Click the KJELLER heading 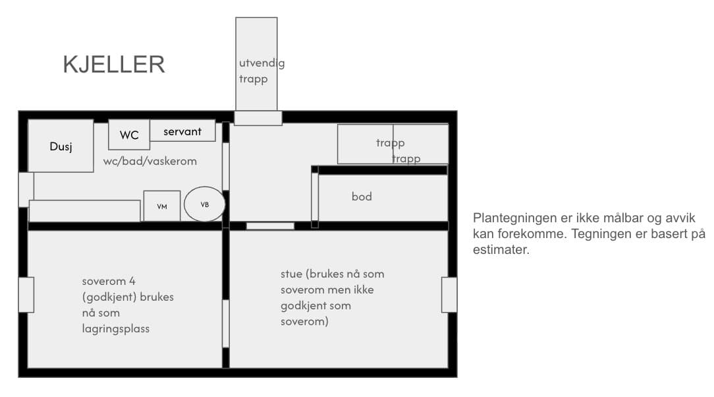114,64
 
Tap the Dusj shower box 61,146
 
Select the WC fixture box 129,135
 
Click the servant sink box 182,131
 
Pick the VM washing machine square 162,206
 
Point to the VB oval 204,204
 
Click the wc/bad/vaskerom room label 150,161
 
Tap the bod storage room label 362,197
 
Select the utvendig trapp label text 262,71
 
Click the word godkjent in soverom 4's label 109,297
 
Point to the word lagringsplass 116,328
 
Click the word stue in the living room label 291,274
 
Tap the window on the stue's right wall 449,295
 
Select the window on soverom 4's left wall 26,295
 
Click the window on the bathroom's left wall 26,190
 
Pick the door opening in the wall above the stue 271,226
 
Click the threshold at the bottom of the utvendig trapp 258,118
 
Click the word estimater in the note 501,250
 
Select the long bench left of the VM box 85,210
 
